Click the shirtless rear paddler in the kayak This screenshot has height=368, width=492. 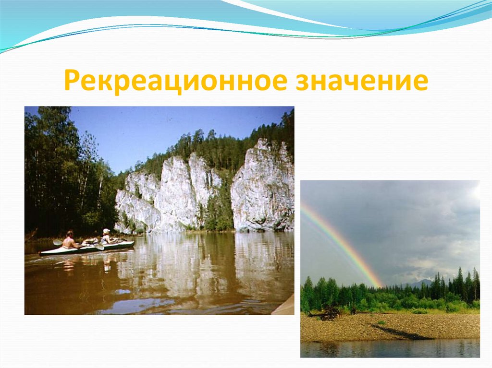pos(69,240)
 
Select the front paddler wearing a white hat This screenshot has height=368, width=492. pos(106,237)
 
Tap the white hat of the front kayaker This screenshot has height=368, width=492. pos(106,231)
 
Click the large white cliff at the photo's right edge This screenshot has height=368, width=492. pos(263,187)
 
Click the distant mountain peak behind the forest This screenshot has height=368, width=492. pos(421,282)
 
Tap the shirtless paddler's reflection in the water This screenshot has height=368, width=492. pos(68,264)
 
